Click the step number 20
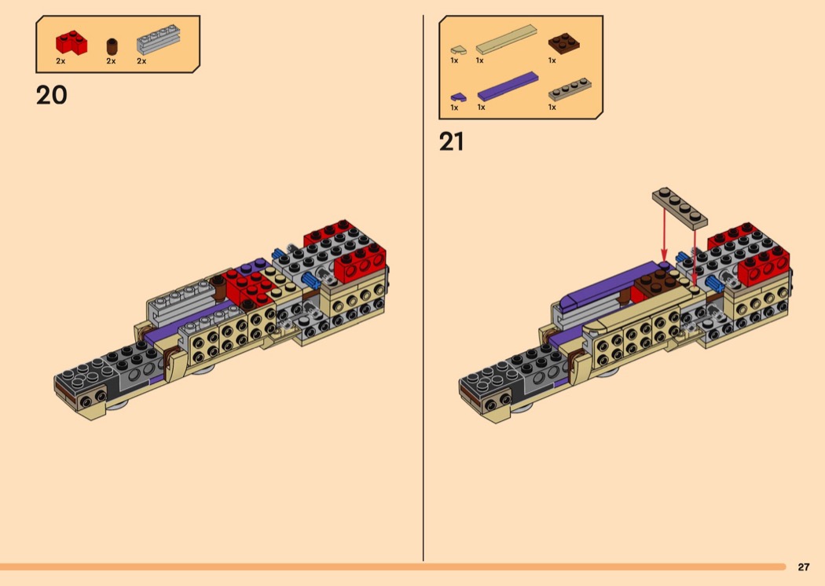[52, 95]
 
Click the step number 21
[452, 141]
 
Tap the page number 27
[804, 566]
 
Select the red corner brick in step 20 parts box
[71, 42]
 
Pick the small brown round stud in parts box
[112, 46]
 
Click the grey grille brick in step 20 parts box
[159, 39]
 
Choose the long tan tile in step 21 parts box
[506, 39]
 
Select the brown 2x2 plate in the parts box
[563, 43]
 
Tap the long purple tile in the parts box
[508, 86]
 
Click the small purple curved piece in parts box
[458, 97]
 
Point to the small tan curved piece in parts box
[458, 50]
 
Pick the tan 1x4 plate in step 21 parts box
[570, 90]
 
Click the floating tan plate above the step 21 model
[680, 208]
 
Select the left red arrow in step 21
[664, 235]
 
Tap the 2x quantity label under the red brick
[60, 61]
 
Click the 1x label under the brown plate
[552, 60]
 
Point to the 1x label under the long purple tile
[481, 108]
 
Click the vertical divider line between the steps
[423, 288]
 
